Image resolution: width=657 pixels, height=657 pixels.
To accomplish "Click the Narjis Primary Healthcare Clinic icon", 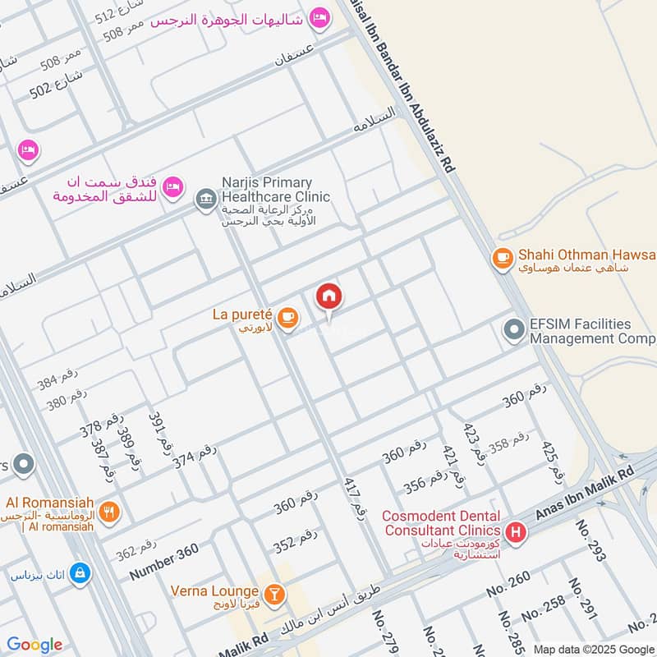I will (204, 198).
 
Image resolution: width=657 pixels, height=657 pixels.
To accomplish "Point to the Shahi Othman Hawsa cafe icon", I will (502, 259).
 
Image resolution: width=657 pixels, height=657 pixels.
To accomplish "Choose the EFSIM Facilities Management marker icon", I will (514, 331).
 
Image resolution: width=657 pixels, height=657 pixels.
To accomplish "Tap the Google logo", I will (34, 645).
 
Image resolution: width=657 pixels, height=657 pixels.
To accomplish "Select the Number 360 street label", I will (163, 563).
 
